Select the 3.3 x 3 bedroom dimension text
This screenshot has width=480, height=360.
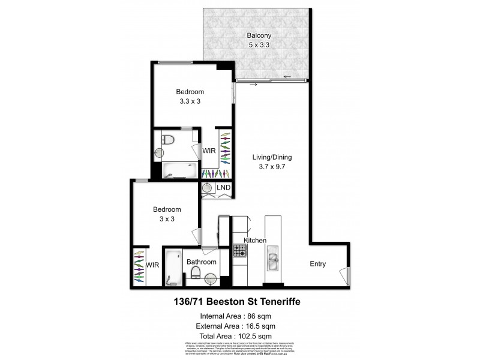tap(190, 101)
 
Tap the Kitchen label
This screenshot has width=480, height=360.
tap(254, 241)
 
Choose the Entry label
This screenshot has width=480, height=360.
tap(318, 263)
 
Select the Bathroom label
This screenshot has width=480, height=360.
tap(201, 262)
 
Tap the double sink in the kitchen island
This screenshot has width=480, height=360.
tap(272, 260)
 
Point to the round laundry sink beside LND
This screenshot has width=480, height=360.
tap(207, 188)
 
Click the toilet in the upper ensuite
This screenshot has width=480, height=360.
tap(169, 141)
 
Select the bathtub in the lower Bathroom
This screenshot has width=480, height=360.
tap(173, 266)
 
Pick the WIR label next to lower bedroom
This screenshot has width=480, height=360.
tap(152, 265)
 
